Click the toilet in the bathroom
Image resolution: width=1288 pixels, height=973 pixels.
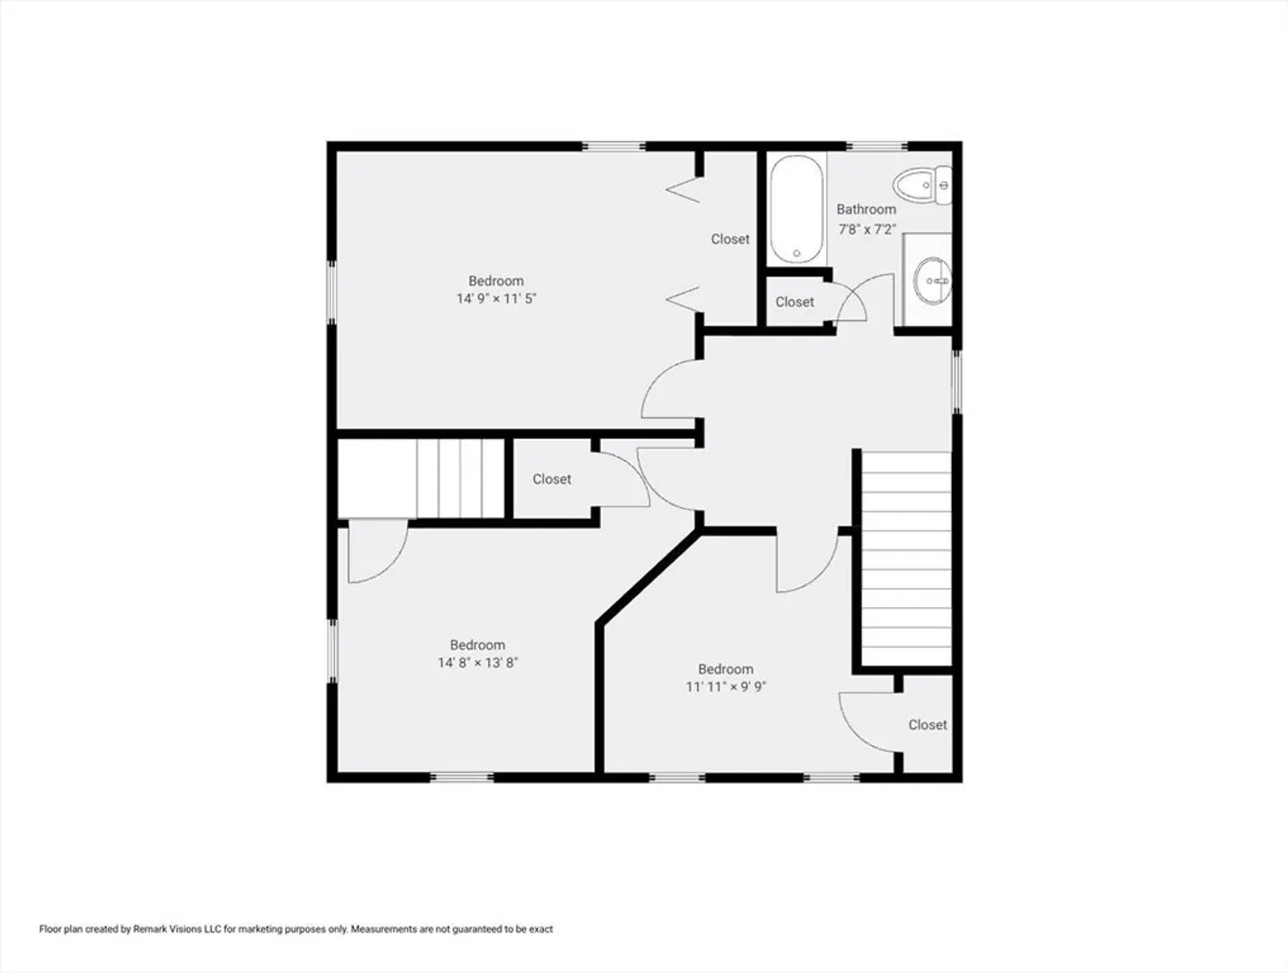(922, 186)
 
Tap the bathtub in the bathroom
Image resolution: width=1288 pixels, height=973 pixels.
(796, 210)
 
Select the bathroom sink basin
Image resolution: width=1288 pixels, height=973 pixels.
(932, 281)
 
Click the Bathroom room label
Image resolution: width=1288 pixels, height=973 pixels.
(866, 210)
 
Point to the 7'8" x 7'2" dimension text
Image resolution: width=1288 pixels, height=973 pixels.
(866, 230)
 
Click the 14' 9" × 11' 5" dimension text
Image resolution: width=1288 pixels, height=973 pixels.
(496, 299)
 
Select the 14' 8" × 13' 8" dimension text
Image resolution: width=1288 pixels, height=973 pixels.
(477, 663)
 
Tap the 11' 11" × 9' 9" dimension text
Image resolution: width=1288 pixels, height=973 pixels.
(726, 687)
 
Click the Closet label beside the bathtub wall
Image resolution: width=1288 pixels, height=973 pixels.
(730, 240)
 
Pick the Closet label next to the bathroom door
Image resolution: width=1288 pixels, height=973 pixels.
(794, 302)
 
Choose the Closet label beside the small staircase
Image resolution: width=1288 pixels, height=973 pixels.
(551, 479)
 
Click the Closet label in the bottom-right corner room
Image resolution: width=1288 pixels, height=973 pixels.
(928, 725)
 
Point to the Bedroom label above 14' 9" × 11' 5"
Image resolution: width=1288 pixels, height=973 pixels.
(496, 281)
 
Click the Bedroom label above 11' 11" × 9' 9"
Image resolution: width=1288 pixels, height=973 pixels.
(726, 669)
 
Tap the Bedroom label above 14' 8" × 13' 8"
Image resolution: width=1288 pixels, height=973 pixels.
(477, 645)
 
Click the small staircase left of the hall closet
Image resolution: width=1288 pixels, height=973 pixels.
(460, 479)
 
